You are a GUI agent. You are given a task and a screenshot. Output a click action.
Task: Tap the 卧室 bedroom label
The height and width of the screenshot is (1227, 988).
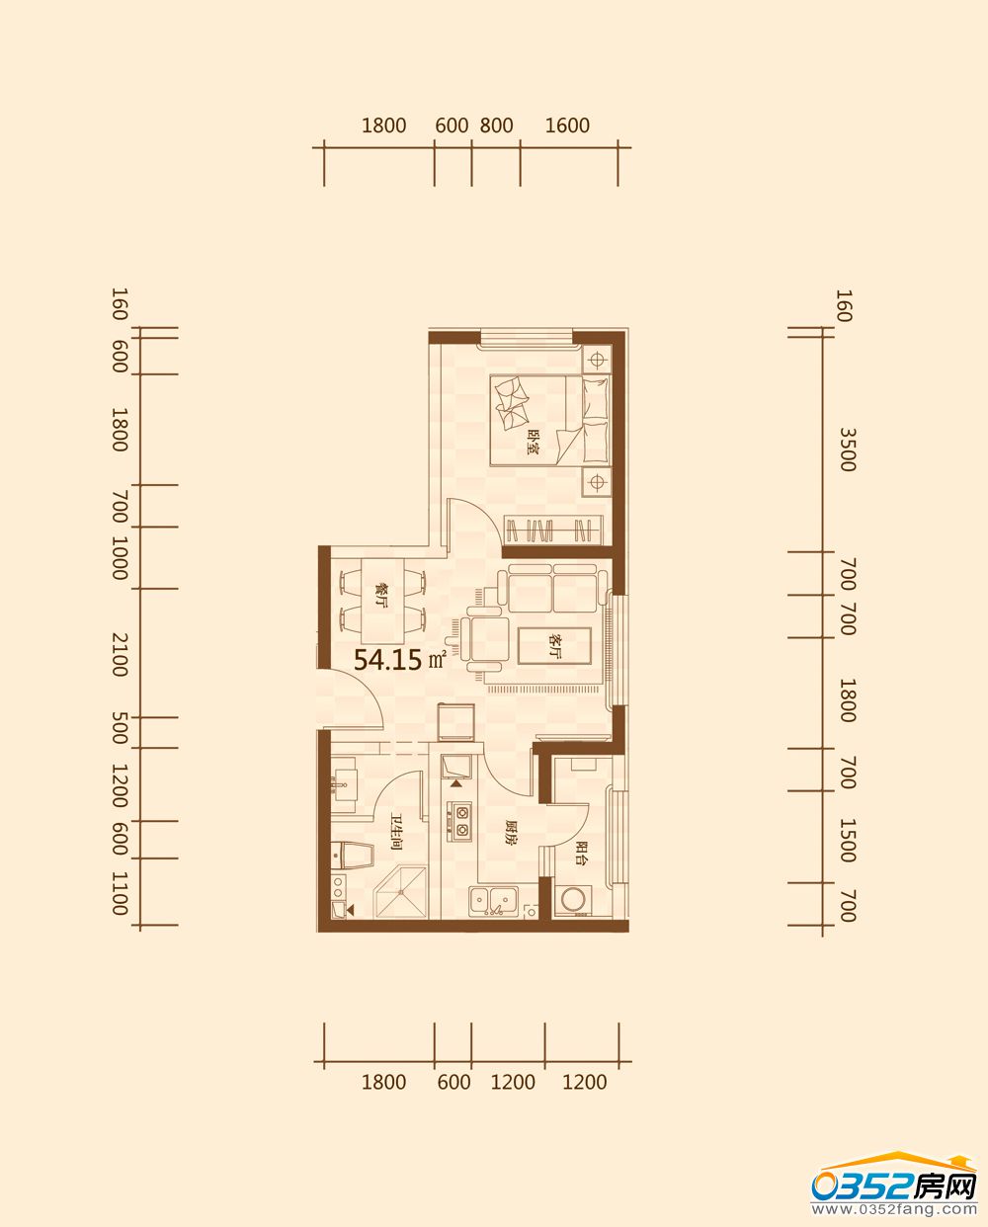point(535,442)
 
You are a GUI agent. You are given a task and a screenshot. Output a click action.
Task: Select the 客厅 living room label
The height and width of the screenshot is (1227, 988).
point(554,645)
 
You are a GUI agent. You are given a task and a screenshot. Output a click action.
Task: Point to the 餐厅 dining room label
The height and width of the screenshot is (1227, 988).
point(381,596)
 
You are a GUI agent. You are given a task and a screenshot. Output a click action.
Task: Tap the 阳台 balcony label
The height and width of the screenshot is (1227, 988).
point(581,854)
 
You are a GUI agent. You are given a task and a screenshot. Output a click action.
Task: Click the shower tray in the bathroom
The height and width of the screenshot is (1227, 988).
point(401,892)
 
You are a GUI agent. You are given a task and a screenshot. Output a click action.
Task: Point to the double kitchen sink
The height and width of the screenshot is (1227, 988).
point(493,901)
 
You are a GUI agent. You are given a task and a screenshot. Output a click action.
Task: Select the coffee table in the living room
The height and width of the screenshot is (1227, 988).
point(554,646)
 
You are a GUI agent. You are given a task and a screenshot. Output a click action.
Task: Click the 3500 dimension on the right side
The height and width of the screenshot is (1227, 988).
point(848,450)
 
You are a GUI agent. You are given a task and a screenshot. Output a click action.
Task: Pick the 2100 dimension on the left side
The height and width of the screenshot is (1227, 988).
point(120,654)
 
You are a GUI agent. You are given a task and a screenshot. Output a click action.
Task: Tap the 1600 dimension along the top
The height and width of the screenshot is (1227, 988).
point(567,125)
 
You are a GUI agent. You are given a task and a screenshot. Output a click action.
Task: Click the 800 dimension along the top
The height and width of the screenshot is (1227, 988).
point(496,125)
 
